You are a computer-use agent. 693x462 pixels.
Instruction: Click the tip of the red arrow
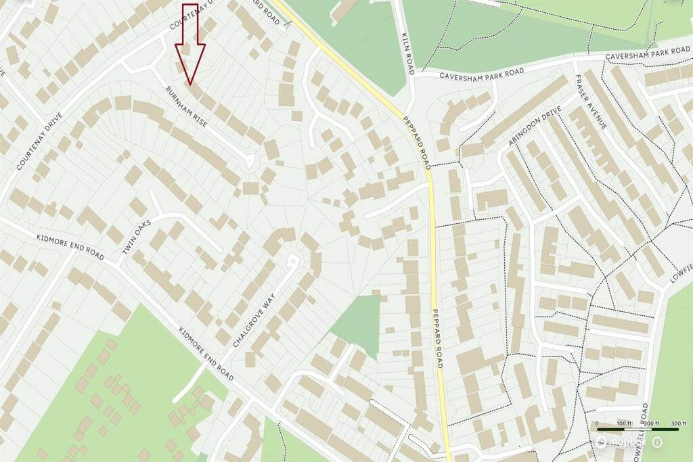[191, 85]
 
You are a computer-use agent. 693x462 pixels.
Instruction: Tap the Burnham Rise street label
[186, 108]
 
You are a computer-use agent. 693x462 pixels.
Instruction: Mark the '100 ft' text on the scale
[623, 423]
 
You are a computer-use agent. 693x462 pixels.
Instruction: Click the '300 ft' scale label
[669, 423]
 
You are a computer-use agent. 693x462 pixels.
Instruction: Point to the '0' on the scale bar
[598, 423]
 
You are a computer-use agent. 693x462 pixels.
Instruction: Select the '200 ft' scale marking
[650, 423]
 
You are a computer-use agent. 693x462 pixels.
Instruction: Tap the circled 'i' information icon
[657, 442]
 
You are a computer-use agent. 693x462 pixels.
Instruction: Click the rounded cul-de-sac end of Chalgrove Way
[293, 259]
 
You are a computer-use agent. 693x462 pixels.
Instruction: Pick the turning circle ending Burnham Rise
[249, 162]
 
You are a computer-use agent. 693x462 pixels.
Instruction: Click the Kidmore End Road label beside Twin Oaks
[70, 248]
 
